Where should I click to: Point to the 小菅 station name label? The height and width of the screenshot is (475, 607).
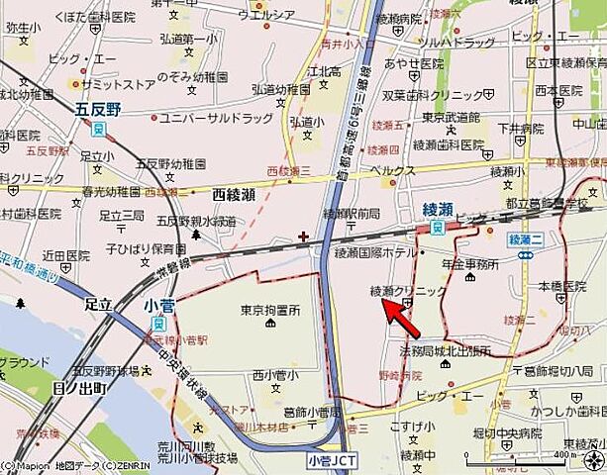click(157, 306)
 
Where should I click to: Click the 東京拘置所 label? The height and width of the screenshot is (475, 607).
click(269, 310)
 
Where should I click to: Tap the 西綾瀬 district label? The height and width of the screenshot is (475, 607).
click(234, 195)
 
